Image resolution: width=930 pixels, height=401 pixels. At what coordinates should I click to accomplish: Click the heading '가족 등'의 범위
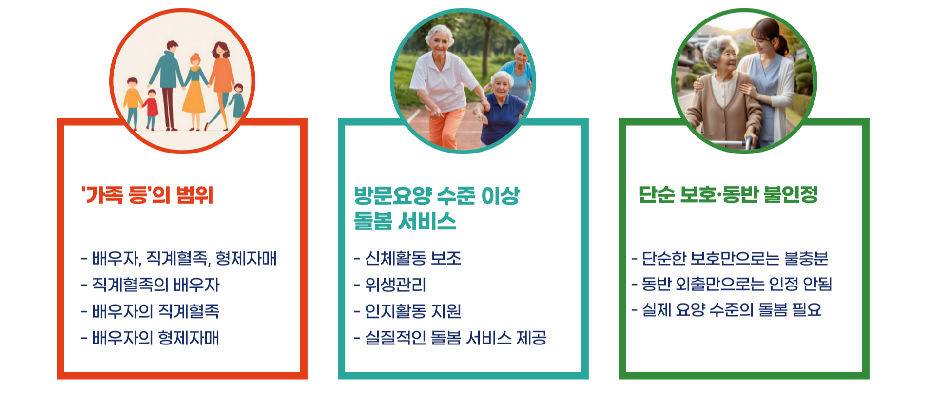click(147, 195)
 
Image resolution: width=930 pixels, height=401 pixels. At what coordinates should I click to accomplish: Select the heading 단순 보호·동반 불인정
click(728, 194)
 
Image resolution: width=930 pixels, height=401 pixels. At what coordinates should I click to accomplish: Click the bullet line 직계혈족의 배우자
click(155, 285)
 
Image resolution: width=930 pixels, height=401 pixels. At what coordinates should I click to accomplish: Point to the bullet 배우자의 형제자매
click(155, 338)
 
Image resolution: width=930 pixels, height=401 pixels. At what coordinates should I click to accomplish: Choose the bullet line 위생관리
click(395, 285)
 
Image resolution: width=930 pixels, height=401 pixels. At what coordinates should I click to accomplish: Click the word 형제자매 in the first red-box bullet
click(246, 258)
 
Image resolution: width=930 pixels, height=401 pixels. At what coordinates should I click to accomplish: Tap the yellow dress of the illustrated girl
click(194, 97)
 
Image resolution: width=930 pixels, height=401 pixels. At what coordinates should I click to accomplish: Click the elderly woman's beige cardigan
click(721, 112)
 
